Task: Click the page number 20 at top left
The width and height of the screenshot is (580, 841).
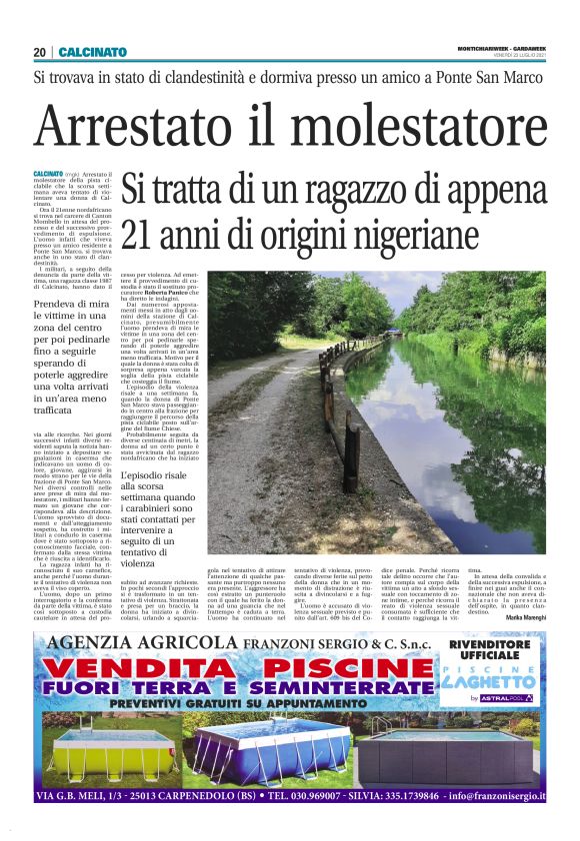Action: [40, 52]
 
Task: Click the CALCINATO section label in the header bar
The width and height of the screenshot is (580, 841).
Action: [93, 52]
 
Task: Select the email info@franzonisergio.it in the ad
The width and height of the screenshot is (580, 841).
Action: [480, 797]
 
